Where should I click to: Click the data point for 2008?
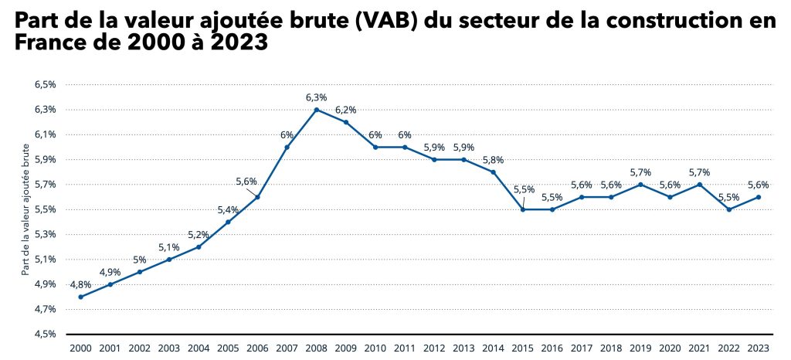317,110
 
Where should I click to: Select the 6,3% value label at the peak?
317,97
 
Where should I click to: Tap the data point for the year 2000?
80,297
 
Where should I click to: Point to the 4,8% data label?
80,284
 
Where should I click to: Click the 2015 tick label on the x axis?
523,349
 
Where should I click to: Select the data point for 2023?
759,197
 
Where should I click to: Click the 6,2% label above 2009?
346,110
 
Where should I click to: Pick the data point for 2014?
493,172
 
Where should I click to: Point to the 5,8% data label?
493,160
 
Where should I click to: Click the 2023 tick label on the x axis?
759,349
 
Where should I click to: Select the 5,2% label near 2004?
199,234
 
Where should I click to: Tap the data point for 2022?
729,209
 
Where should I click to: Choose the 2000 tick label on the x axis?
80,349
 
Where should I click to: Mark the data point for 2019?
640,185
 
